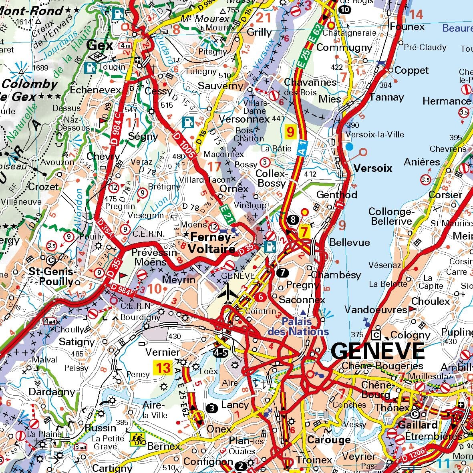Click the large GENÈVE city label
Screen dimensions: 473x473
(378, 351)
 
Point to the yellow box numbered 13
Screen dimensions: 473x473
(163, 367)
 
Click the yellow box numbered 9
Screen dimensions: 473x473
(290, 131)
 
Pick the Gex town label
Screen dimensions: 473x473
(100, 45)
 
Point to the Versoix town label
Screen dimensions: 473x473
(373, 168)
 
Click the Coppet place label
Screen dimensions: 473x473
(411, 70)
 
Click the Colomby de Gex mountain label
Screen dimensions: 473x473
(30, 90)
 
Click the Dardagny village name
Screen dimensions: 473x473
(52, 392)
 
